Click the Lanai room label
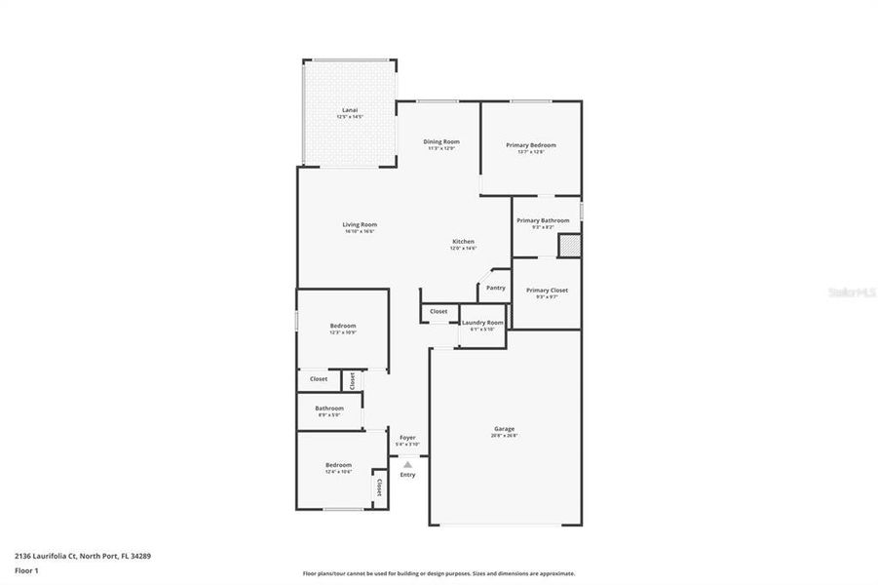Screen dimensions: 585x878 [x=349, y=110]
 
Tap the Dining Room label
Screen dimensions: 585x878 [x=440, y=142]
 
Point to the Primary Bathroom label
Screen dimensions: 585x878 [x=543, y=220]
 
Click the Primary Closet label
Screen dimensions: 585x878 [x=547, y=290]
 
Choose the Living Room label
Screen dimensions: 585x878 [x=360, y=225]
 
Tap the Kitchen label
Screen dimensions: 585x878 [x=463, y=242]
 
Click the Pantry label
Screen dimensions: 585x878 [x=496, y=288]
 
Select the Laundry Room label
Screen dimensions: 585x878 [x=482, y=323]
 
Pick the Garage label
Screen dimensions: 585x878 [x=504, y=429]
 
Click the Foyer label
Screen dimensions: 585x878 [x=407, y=439]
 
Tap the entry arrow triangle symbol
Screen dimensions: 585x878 [x=407, y=464]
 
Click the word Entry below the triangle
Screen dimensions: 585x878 [x=407, y=475]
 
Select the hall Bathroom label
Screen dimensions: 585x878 [x=328, y=408]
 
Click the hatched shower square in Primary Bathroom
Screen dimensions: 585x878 [x=568, y=246]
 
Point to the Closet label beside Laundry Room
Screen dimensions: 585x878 [x=439, y=311]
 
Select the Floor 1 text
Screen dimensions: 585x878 [x=25, y=569]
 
